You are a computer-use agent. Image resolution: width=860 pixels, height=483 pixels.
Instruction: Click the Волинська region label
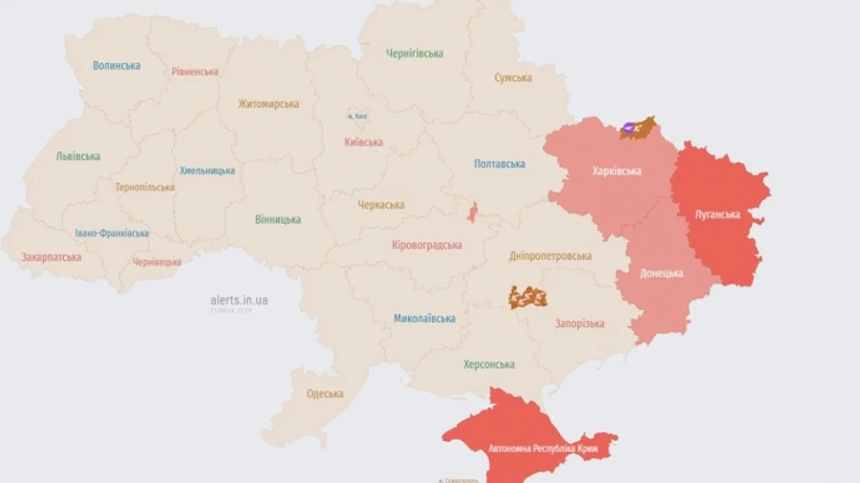click(x=117, y=66)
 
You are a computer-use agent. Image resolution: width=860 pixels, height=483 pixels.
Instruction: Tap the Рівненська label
click(x=195, y=72)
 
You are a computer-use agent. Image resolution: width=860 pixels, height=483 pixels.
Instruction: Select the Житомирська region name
click(x=269, y=103)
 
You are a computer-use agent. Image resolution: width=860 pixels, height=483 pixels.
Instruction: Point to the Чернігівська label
click(x=415, y=54)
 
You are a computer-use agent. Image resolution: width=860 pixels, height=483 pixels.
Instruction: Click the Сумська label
click(x=513, y=77)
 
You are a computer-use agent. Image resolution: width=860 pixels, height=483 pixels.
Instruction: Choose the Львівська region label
click(x=78, y=156)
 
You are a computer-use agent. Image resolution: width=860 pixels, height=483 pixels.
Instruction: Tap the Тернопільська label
click(x=145, y=187)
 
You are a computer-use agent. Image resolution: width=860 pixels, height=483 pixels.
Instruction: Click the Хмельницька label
click(x=207, y=170)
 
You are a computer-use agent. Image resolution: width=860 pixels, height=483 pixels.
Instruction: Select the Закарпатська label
click(x=52, y=257)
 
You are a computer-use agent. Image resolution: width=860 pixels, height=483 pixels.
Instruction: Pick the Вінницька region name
click(x=278, y=220)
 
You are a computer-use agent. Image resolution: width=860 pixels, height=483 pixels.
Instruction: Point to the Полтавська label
click(x=500, y=164)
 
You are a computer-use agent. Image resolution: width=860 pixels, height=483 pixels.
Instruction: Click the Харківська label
click(x=617, y=171)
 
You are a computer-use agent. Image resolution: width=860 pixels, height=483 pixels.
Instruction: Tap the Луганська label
click(x=718, y=214)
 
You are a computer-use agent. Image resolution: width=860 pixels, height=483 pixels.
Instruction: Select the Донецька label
click(x=662, y=273)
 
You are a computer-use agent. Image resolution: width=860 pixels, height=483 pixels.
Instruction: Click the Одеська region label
click(x=325, y=394)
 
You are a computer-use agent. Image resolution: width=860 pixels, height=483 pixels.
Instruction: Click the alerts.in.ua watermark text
click(x=239, y=300)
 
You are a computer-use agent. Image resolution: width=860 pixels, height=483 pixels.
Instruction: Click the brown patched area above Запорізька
click(x=527, y=297)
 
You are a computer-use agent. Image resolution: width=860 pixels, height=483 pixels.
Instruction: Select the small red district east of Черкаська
click(x=472, y=212)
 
